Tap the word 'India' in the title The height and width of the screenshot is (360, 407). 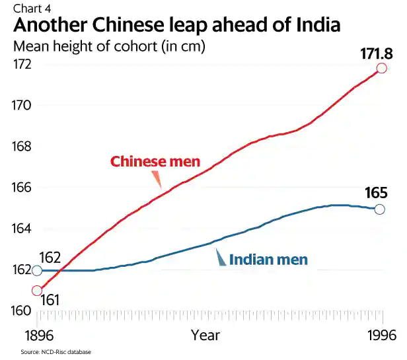coord(310,26)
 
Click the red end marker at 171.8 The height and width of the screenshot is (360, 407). coord(382,69)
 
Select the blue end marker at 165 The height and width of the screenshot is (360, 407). coord(379,209)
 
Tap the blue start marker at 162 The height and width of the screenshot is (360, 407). coord(37,271)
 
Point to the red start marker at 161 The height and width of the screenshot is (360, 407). coord(37,291)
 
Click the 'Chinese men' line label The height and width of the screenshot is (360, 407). coord(155,162)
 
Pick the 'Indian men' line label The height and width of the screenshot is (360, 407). coord(268,260)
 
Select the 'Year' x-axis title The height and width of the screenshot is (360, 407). coord(205,335)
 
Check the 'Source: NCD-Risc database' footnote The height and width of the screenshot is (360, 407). coord(55,352)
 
